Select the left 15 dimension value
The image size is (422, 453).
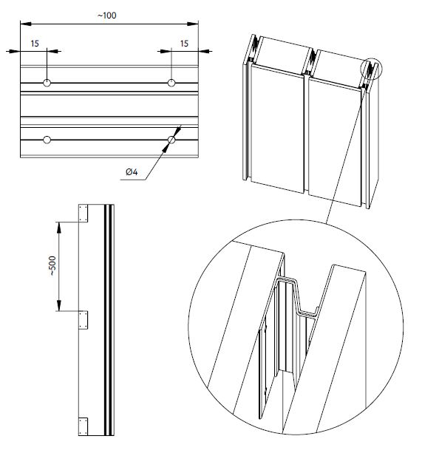(x=35, y=44)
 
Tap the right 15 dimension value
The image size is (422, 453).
(x=184, y=44)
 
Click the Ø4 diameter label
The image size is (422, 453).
(x=133, y=172)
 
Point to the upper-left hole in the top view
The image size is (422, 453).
(x=47, y=83)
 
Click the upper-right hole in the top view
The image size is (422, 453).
(x=171, y=83)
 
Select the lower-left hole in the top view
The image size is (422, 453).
(x=47, y=139)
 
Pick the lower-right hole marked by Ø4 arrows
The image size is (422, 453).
(x=171, y=139)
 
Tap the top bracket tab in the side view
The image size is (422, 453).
(x=84, y=213)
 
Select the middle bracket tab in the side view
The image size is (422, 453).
(x=84, y=321)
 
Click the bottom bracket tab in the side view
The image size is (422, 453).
(x=84, y=427)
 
